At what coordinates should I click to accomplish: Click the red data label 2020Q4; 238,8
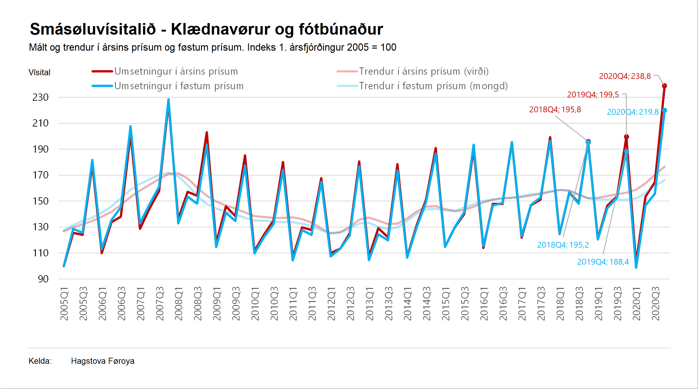point(625,76)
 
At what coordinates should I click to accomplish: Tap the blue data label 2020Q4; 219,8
point(632,112)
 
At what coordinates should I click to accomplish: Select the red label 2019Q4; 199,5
point(593,95)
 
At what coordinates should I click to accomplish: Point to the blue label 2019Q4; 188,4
point(603,262)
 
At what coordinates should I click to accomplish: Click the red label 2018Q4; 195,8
point(555,110)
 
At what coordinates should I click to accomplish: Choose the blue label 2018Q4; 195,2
point(563,245)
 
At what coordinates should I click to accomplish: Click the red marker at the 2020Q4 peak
point(664,86)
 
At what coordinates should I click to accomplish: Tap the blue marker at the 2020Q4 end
point(664,110)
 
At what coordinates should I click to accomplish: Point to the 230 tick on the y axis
point(40,97)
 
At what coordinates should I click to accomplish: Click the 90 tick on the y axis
point(43,279)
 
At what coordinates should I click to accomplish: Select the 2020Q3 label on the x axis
point(655,303)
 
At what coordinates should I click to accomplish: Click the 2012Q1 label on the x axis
point(331,304)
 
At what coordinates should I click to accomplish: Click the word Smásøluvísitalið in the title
point(93,29)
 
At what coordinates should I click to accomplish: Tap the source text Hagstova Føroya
point(103,361)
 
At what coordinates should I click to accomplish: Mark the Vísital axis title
point(39,73)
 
